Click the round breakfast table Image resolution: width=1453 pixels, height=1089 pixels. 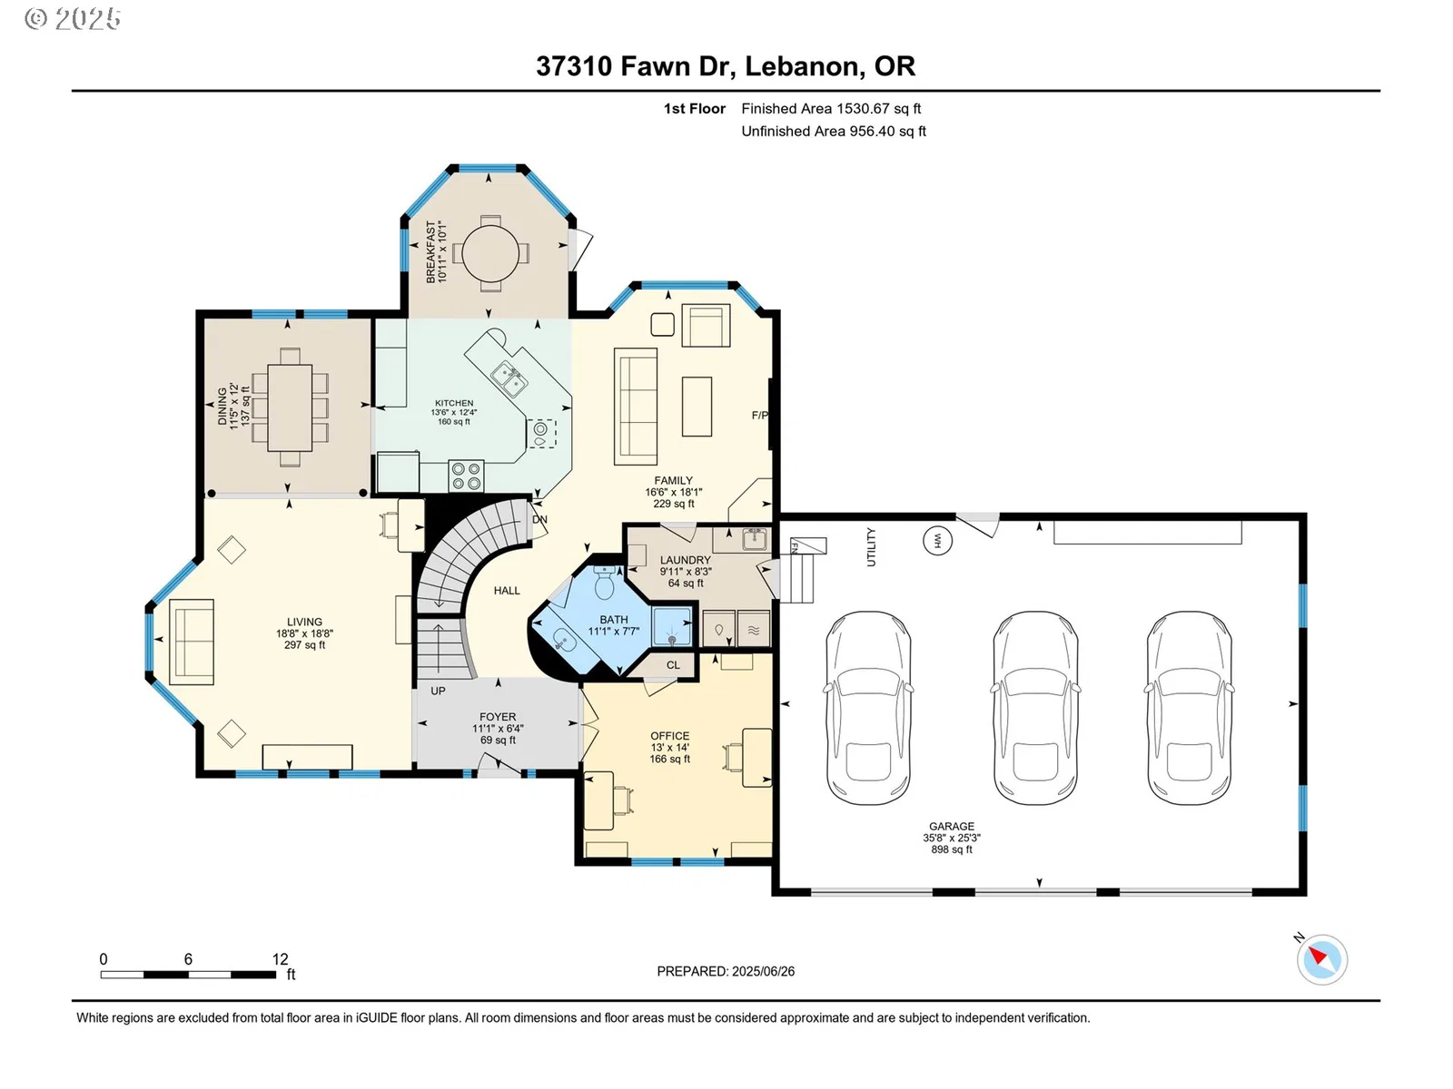[489, 253]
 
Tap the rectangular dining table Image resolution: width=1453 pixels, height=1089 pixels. [290, 408]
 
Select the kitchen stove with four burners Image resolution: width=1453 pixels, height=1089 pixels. [466, 476]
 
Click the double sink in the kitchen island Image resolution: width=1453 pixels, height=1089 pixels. [509, 378]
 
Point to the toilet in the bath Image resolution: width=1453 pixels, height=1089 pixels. [605, 582]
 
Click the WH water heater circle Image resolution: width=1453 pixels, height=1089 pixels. [937, 541]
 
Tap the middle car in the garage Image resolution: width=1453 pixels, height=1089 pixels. [1036, 708]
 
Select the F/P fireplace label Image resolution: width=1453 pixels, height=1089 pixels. [760, 416]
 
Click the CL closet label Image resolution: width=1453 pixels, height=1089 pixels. [673, 664]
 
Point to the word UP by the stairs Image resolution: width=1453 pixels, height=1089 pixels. [438, 691]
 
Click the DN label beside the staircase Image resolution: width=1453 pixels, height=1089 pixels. [539, 519]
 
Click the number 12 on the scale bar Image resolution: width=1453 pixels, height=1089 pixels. [280, 958]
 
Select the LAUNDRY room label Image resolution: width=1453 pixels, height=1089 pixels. [685, 560]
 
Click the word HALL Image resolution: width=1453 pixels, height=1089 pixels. [507, 591]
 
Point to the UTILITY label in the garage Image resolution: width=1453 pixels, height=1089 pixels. [871, 547]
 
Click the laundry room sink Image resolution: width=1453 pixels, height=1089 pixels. [754, 539]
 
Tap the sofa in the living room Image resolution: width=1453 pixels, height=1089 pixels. [192, 642]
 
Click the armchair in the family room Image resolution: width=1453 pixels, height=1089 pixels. [706, 325]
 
